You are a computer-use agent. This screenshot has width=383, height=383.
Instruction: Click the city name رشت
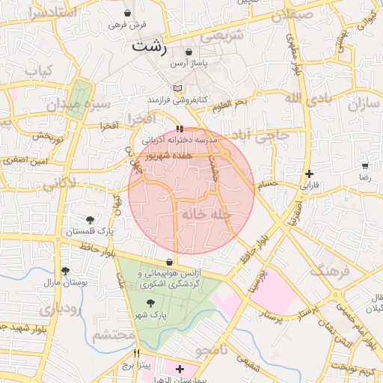pos(150,45)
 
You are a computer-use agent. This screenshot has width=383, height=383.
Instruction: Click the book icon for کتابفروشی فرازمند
pos(177,89)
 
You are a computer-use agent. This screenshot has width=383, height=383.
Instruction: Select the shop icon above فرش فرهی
pos(127,13)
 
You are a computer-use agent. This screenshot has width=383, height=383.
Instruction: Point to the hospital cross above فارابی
pos(309,174)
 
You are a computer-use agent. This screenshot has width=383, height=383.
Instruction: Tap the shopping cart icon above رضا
pos(365,166)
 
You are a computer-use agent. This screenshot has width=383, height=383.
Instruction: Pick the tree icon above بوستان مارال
pos(65,271)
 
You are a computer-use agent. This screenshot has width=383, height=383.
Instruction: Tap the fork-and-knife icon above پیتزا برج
pos(136,353)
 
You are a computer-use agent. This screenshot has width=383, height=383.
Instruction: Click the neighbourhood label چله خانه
pos(204,215)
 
